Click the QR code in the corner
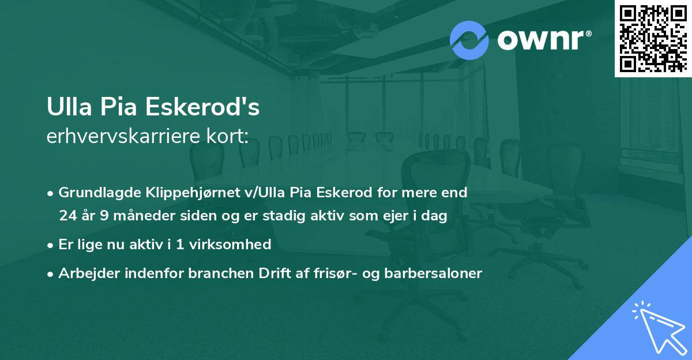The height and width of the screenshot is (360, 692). pyautogui.click(x=653, y=39)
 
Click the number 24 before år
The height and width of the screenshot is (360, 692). pyautogui.click(x=67, y=216)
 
